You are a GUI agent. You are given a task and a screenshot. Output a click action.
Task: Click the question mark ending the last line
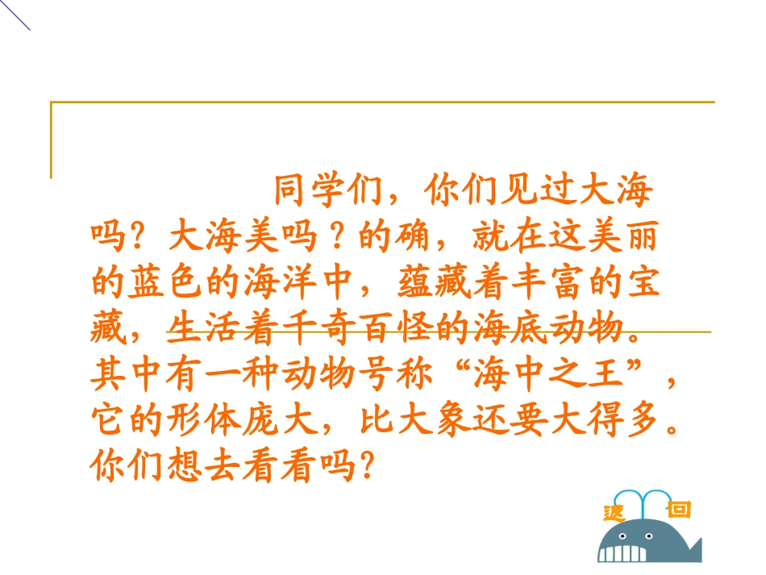[367, 466]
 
